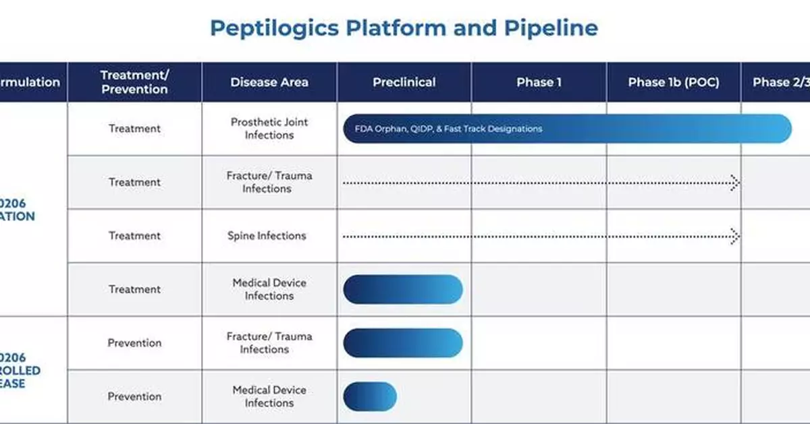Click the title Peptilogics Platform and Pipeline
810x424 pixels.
[404, 28]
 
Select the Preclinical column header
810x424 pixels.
[404, 82]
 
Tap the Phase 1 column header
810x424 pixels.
[539, 82]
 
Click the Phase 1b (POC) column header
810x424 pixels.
[673, 82]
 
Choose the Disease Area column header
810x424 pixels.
[269, 82]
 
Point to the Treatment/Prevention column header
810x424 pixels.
[134, 82]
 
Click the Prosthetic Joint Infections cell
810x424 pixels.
[269, 129]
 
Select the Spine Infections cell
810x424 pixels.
[267, 236]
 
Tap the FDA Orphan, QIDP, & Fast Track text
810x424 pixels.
[443, 129]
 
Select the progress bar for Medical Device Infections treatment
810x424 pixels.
[403, 290]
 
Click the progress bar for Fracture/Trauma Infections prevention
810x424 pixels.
[403, 343]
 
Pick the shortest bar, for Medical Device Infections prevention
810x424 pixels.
[370, 396]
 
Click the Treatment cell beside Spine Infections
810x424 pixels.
[134, 236]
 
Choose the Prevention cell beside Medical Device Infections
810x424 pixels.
[134, 396]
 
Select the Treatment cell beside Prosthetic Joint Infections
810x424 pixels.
[134, 129]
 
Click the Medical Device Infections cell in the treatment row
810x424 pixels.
[269, 290]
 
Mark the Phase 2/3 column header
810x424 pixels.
[780, 82]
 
